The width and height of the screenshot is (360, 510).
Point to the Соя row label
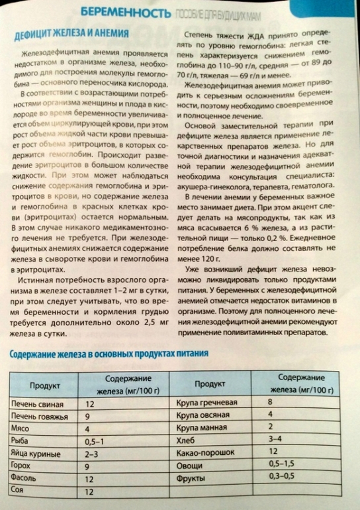[x=19, y=491]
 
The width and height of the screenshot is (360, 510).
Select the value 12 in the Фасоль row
[x=90, y=477]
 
